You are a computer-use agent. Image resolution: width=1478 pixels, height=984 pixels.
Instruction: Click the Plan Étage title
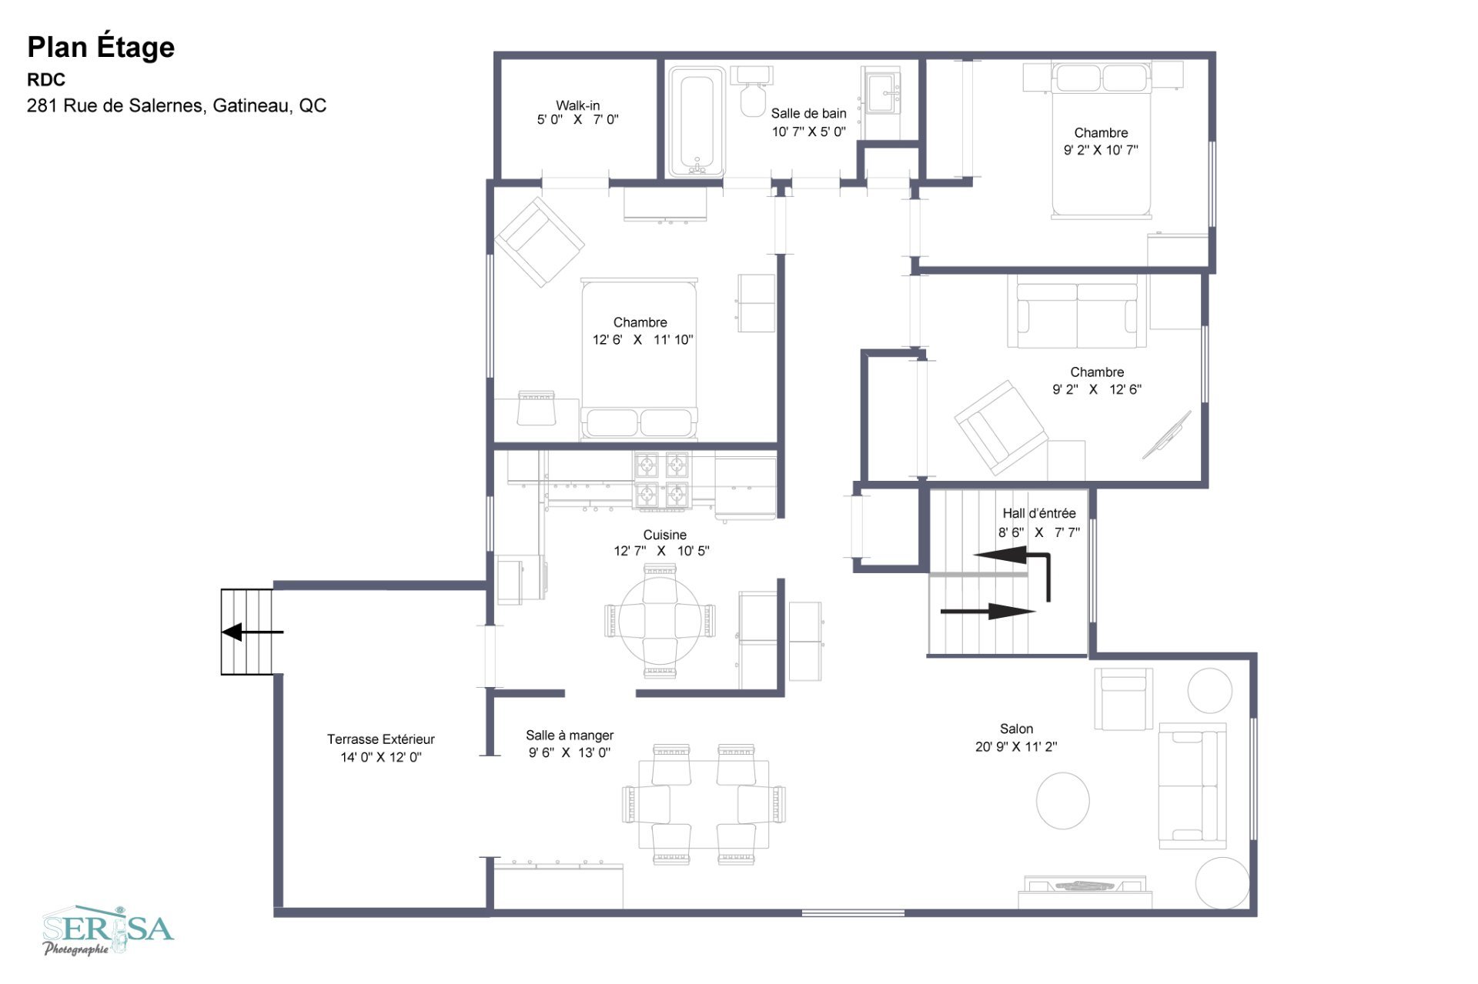click(x=101, y=48)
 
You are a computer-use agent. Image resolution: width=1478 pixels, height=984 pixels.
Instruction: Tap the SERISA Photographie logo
click(x=108, y=930)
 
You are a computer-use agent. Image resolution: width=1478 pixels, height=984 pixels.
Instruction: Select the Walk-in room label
click(x=577, y=105)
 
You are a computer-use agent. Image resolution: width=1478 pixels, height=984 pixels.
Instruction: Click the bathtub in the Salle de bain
click(x=696, y=122)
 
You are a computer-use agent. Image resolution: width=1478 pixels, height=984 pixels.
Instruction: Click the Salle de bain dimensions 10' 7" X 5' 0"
click(x=808, y=132)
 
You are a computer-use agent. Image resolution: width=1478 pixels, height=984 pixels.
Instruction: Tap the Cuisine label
click(x=664, y=535)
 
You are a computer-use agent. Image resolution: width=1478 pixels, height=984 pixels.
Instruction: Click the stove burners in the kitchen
click(x=661, y=481)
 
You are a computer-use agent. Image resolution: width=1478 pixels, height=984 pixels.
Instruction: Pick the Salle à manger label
click(x=570, y=735)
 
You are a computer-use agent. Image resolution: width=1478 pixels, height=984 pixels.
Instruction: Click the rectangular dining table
click(x=704, y=804)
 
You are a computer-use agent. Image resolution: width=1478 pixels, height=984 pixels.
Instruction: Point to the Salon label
click(x=1016, y=729)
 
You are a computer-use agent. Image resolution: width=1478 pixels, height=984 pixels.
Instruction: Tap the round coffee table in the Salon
click(x=1062, y=801)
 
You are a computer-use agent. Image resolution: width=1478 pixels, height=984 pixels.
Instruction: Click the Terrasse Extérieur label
click(x=380, y=739)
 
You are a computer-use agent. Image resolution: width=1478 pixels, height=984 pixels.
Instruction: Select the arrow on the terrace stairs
click(x=252, y=632)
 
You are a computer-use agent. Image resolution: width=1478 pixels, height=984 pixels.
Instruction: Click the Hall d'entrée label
click(x=1038, y=513)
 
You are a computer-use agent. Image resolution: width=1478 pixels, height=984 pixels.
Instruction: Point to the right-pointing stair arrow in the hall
click(x=988, y=612)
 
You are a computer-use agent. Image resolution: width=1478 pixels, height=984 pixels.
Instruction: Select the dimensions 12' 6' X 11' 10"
click(x=643, y=339)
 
